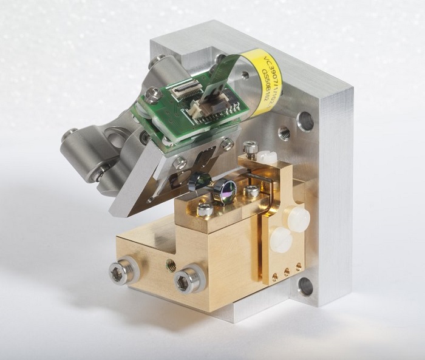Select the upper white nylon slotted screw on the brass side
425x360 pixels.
299,219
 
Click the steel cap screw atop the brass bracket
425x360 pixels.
250,146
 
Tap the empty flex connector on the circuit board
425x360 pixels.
181,95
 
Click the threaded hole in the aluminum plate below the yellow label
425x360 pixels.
284,132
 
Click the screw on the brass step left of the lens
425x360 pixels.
205,209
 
